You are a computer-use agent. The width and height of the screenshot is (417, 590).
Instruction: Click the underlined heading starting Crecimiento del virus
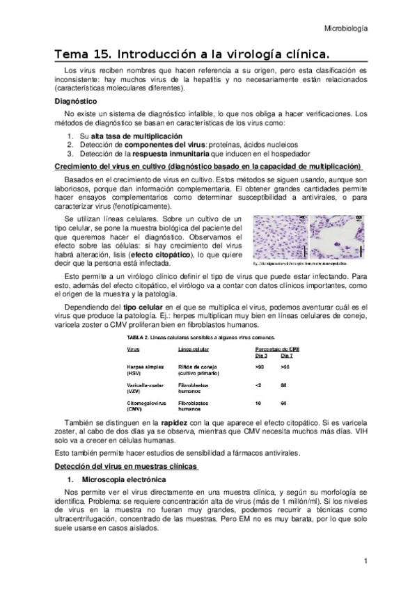pos(207,166)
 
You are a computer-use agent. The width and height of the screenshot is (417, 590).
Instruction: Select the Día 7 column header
pos(287,355)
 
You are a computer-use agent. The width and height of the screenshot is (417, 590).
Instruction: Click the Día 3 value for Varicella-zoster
pos(258,384)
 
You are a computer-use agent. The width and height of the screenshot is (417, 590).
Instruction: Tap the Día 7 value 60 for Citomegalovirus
pos(284,403)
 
